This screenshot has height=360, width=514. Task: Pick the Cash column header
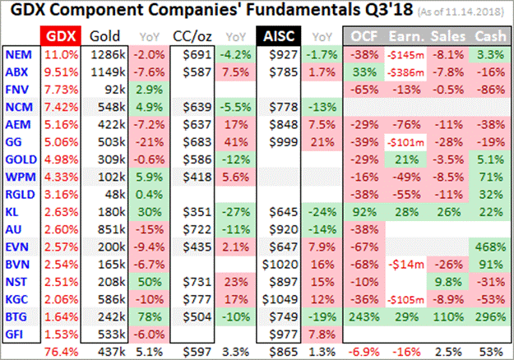click(489, 36)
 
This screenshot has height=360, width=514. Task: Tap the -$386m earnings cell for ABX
click(405, 72)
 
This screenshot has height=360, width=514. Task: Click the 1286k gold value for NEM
click(104, 54)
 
